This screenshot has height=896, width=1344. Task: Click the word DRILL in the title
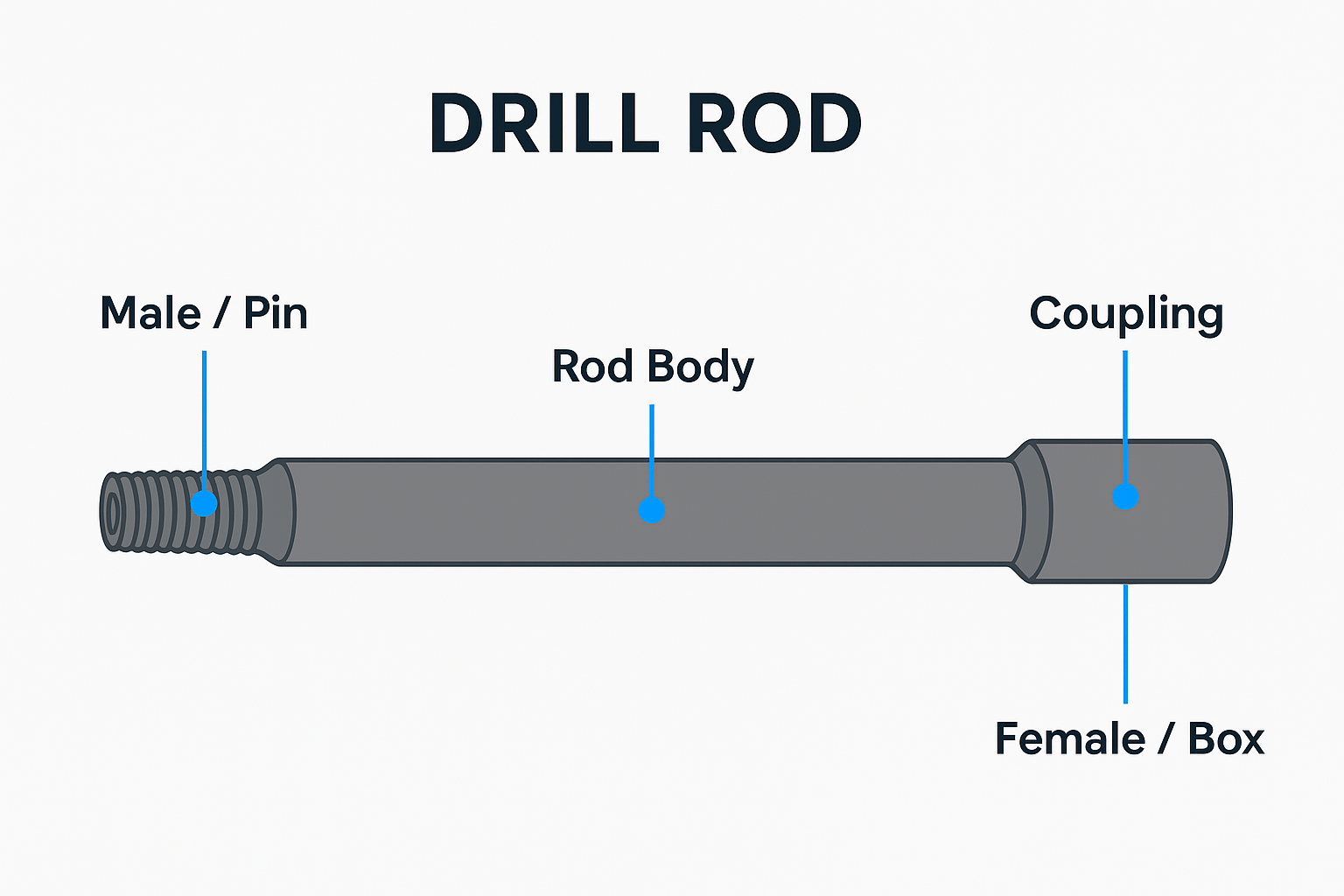pyautogui.click(x=543, y=123)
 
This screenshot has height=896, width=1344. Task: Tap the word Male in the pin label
pyautogui.click(x=150, y=313)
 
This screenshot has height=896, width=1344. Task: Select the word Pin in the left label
pyautogui.click(x=276, y=313)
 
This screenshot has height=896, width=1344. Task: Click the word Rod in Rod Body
pyautogui.click(x=592, y=367)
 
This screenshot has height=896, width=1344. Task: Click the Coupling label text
pyautogui.click(x=1125, y=315)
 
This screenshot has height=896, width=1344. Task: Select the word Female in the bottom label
pyautogui.click(x=1070, y=739)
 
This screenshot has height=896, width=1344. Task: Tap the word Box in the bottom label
pyautogui.click(x=1225, y=739)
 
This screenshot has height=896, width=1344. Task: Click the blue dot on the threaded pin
pyautogui.click(x=204, y=503)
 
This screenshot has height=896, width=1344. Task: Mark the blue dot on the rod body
pyautogui.click(x=652, y=509)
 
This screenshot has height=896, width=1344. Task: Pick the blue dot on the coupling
pyautogui.click(x=1125, y=496)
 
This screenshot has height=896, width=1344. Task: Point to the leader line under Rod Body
pyautogui.click(x=652, y=446)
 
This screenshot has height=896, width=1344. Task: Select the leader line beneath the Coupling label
pyautogui.click(x=1125, y=411)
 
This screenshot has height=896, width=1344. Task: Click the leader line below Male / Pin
pyautogui.click(x=204, y=411)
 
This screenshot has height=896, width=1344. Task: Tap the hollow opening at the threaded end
pyautogui.click(x=111, y=512)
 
